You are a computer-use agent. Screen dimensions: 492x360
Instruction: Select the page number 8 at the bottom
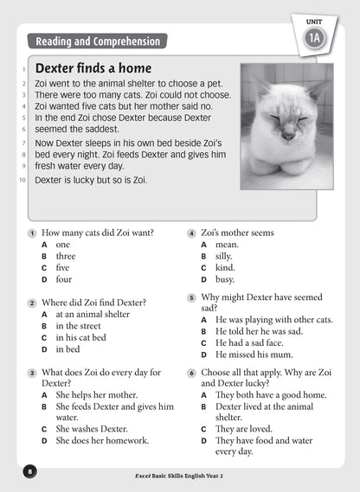click(x=30, y=471)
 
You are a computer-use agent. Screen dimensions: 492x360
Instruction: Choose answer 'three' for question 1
click(x=66, y=257)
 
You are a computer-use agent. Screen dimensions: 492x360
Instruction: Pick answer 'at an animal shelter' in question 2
click(x=93, y=315)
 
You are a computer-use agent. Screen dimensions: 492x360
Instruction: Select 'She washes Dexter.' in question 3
click(x=91, y=428)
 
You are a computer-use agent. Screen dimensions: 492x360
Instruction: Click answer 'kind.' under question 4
click(x=224, y=268)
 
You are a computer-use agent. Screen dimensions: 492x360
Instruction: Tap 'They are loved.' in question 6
click(x=243, y=428)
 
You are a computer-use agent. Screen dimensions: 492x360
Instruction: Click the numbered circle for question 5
click(x=191, y=297)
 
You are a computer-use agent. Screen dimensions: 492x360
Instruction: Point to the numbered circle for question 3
click(x=32, y=373)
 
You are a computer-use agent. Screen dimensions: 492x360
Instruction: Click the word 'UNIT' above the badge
click(x=315, y=18)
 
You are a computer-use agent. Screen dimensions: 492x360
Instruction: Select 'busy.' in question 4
click(x=224, y=280)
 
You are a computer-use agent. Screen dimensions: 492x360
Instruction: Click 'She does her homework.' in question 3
click(x=102, y=440)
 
